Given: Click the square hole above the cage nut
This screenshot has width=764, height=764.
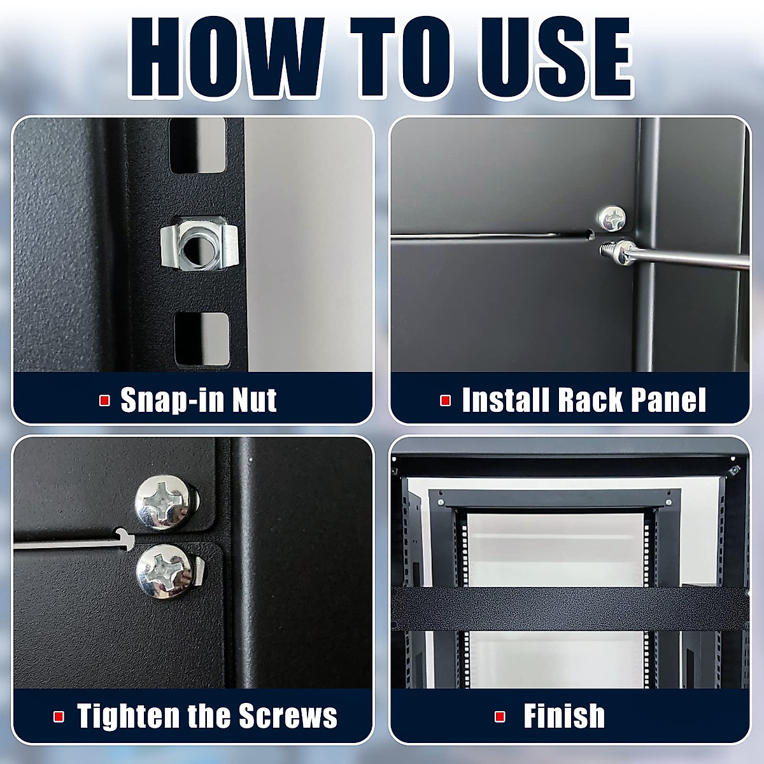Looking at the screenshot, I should pos(197,148).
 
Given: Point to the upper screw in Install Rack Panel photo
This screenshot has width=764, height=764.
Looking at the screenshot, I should pos(612,218).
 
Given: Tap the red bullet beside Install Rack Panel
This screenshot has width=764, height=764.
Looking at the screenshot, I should pos(446,400).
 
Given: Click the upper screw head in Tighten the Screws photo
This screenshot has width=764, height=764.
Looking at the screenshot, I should pos(162,505).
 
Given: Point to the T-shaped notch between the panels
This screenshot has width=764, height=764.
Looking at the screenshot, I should pos(124,539).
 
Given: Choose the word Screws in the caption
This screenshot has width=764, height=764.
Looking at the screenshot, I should pos(288,716).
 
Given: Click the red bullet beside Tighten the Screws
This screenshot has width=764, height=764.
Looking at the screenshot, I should pos(59,716).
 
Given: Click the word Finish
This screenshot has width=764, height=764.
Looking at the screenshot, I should pos(564,716).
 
